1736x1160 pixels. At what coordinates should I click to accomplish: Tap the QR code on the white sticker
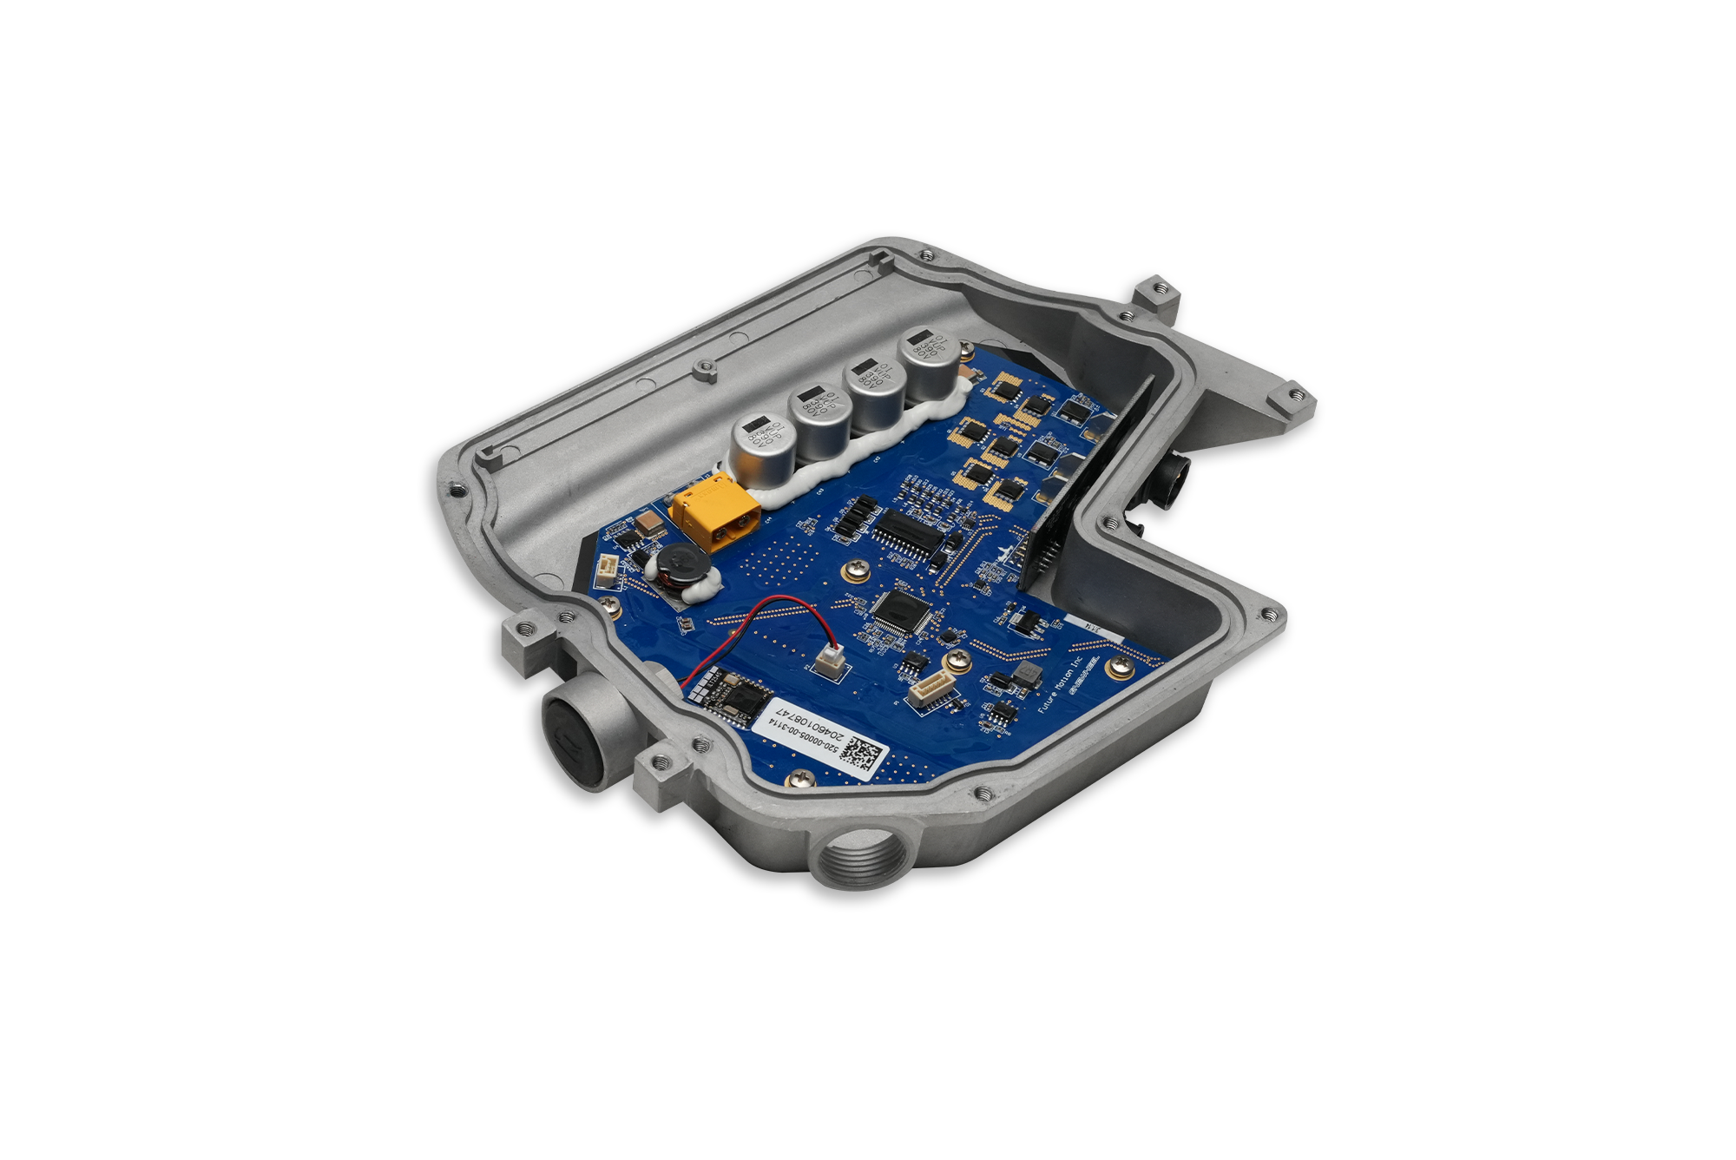865,752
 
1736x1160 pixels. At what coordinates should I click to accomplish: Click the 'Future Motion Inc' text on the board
1061,685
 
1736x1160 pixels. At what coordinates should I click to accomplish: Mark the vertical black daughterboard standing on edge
1089,486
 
